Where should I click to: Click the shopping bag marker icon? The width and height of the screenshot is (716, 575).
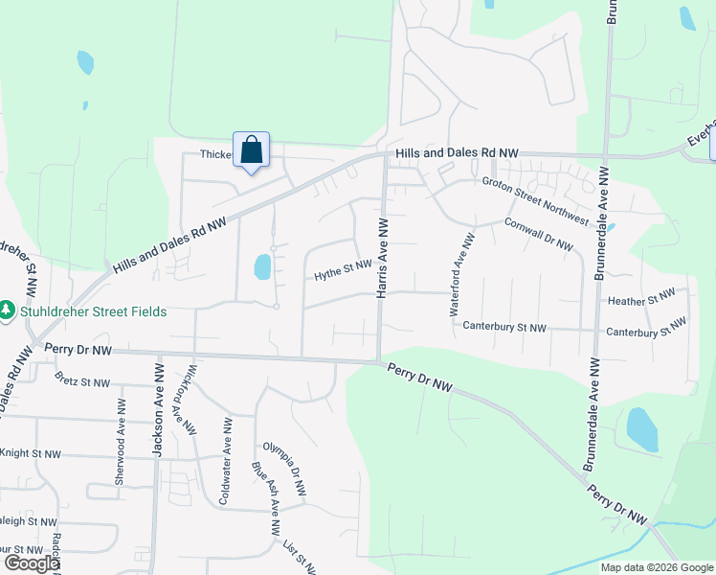tap(251, 150)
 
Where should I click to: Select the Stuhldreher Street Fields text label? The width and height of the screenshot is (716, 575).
tap(92, 311)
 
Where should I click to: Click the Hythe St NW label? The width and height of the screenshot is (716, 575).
tap(344, 271)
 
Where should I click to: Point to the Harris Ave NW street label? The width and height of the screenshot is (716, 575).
tap(382, 257)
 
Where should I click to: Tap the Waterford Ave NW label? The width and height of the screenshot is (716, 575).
tap(461, 275)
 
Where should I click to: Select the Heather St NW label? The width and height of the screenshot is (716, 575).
tap(642, 300)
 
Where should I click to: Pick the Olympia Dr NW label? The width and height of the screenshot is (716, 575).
tap(285, 470)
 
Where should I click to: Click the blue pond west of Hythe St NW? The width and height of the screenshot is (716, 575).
tap(262, 266)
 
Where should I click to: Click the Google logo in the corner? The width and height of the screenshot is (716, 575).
tap(32, 563)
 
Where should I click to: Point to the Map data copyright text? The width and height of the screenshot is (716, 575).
tap(656, 567)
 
